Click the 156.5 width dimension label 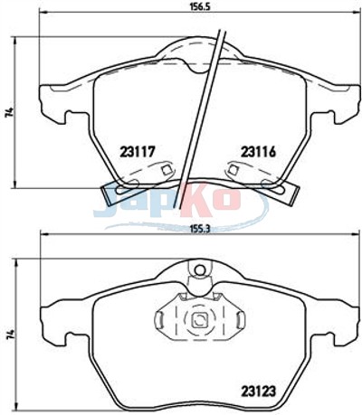(x=198, y=6)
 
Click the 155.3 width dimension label (x=199, y=229)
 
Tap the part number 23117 (x=138, y=152)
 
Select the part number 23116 (x=258, y=152)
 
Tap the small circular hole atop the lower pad (x=199, y=270)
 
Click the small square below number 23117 (x=166, y=170)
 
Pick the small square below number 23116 (x=233, y=169)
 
